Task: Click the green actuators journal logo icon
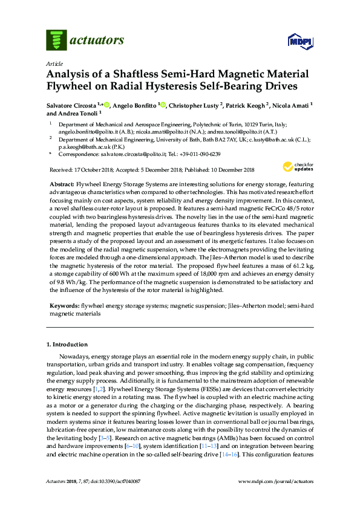coord(56,40)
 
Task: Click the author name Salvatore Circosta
coord(73,105)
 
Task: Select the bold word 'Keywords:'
coord(64,306)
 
